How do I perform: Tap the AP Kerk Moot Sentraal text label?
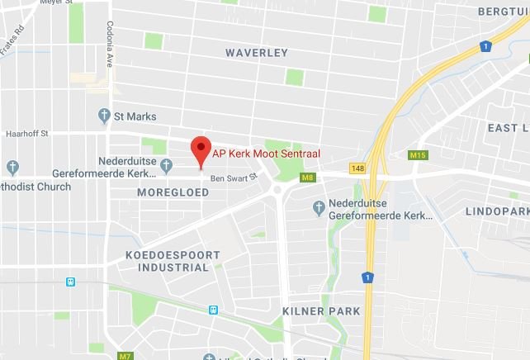[x=266, y=154]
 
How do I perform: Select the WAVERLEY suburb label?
[x=257, y=53]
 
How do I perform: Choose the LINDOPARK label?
[x=495, y=211]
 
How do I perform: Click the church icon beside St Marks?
[x=104, y=116]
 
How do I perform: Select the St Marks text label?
[x=135, y=116]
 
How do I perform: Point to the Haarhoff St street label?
[x=28, y=133]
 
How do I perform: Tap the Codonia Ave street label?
[x=109, y=45]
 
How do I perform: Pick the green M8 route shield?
[x=308, y=177]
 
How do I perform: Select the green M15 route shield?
[x=418, y=154]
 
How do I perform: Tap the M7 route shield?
[x=125, y=356]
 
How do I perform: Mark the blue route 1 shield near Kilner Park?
[x=367, y=277]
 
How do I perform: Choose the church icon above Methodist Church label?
[x=11, y=164]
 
